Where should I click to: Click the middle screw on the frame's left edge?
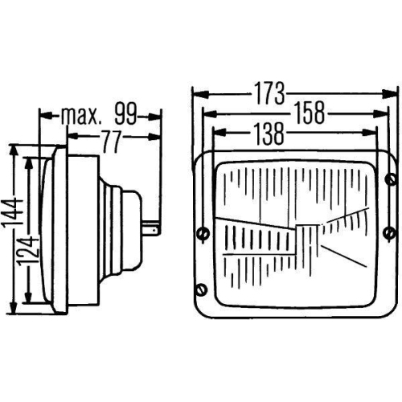point(200,233)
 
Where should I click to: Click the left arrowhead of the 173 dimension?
point(197,95)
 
